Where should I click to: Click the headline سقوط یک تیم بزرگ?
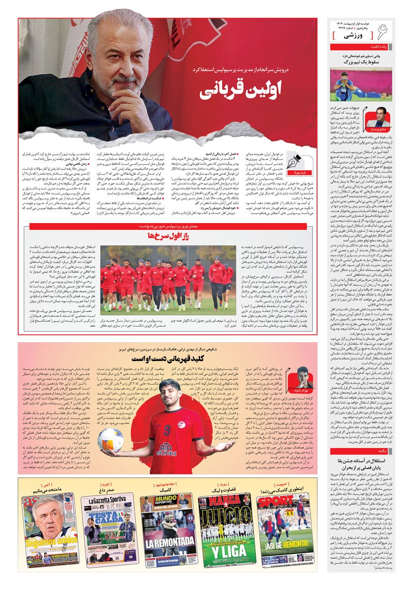361,63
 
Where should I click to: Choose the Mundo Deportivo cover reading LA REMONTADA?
169,531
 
